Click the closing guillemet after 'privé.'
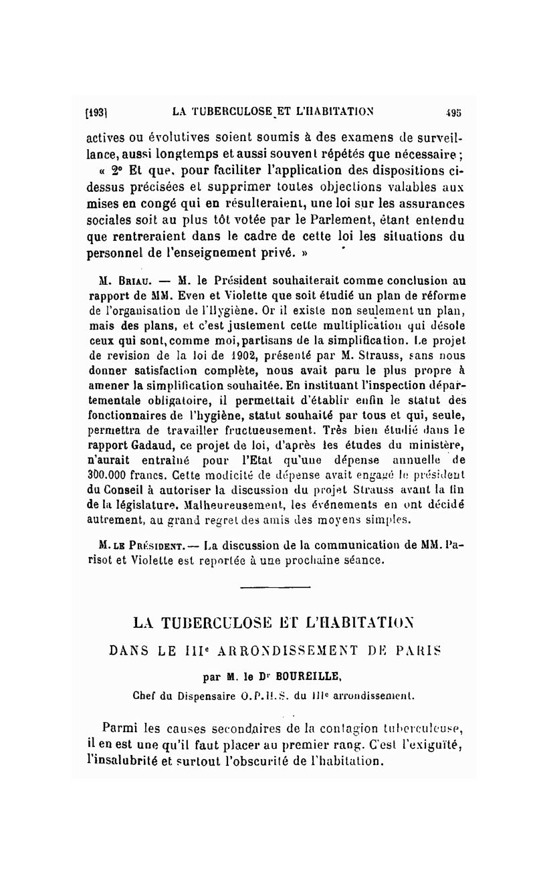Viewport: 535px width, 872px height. (308, 253)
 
